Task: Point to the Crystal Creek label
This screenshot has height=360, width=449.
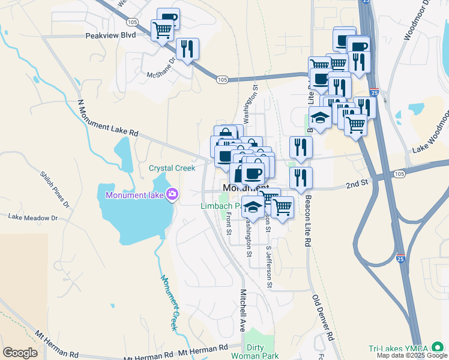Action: tap(172, 168)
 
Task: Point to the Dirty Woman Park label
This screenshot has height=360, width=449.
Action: tap(263, 351)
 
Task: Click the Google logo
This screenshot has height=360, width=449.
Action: tap(20, 353)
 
